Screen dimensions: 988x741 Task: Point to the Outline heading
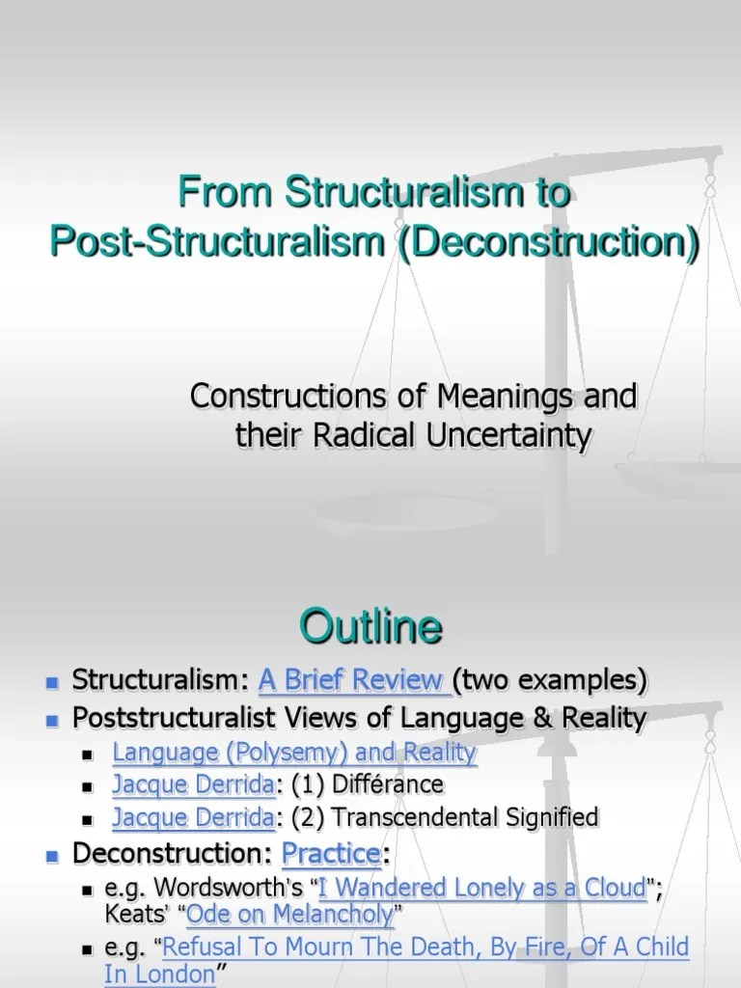[x=370, y=628]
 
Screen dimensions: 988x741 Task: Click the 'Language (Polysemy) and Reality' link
[x=294, y=753]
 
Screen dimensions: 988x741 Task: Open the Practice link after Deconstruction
[x=330, y=854]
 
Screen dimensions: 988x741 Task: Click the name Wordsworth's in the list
[x=225, y=888]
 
